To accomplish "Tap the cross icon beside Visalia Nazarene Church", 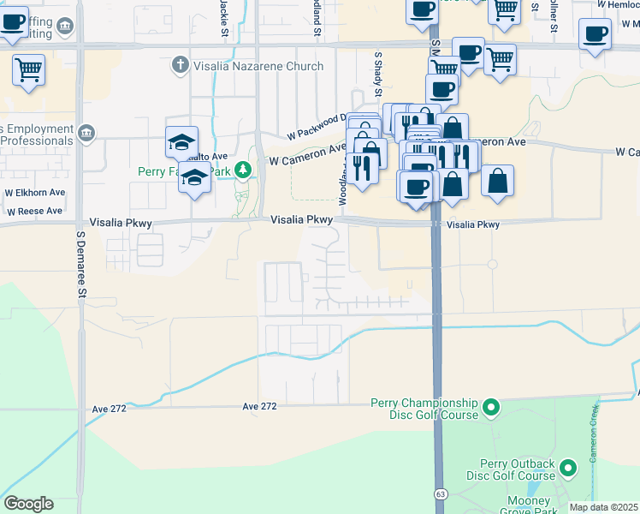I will (180, 64).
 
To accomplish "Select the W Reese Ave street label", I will (33, 211).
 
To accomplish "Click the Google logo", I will (28, 503).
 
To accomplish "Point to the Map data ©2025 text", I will (603, 507).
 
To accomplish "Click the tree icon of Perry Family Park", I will (244, 170).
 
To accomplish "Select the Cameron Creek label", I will (592, 436).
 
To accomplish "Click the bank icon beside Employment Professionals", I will (86, 133).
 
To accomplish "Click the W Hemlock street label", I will (618, 4).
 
